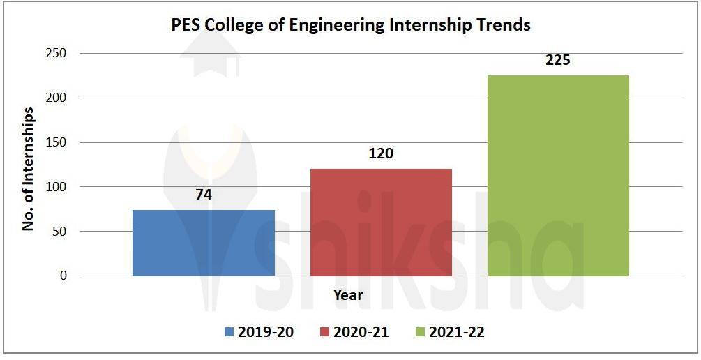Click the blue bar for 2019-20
coord(203,243)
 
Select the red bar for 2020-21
coord(381,222)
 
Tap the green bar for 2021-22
coord(558,175)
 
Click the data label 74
coord(203,195)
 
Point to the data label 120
coord(381,153)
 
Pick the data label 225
coord(558,60)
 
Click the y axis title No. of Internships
coord(29,169)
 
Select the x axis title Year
coord(347,295)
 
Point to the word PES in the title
coord(187,25)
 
